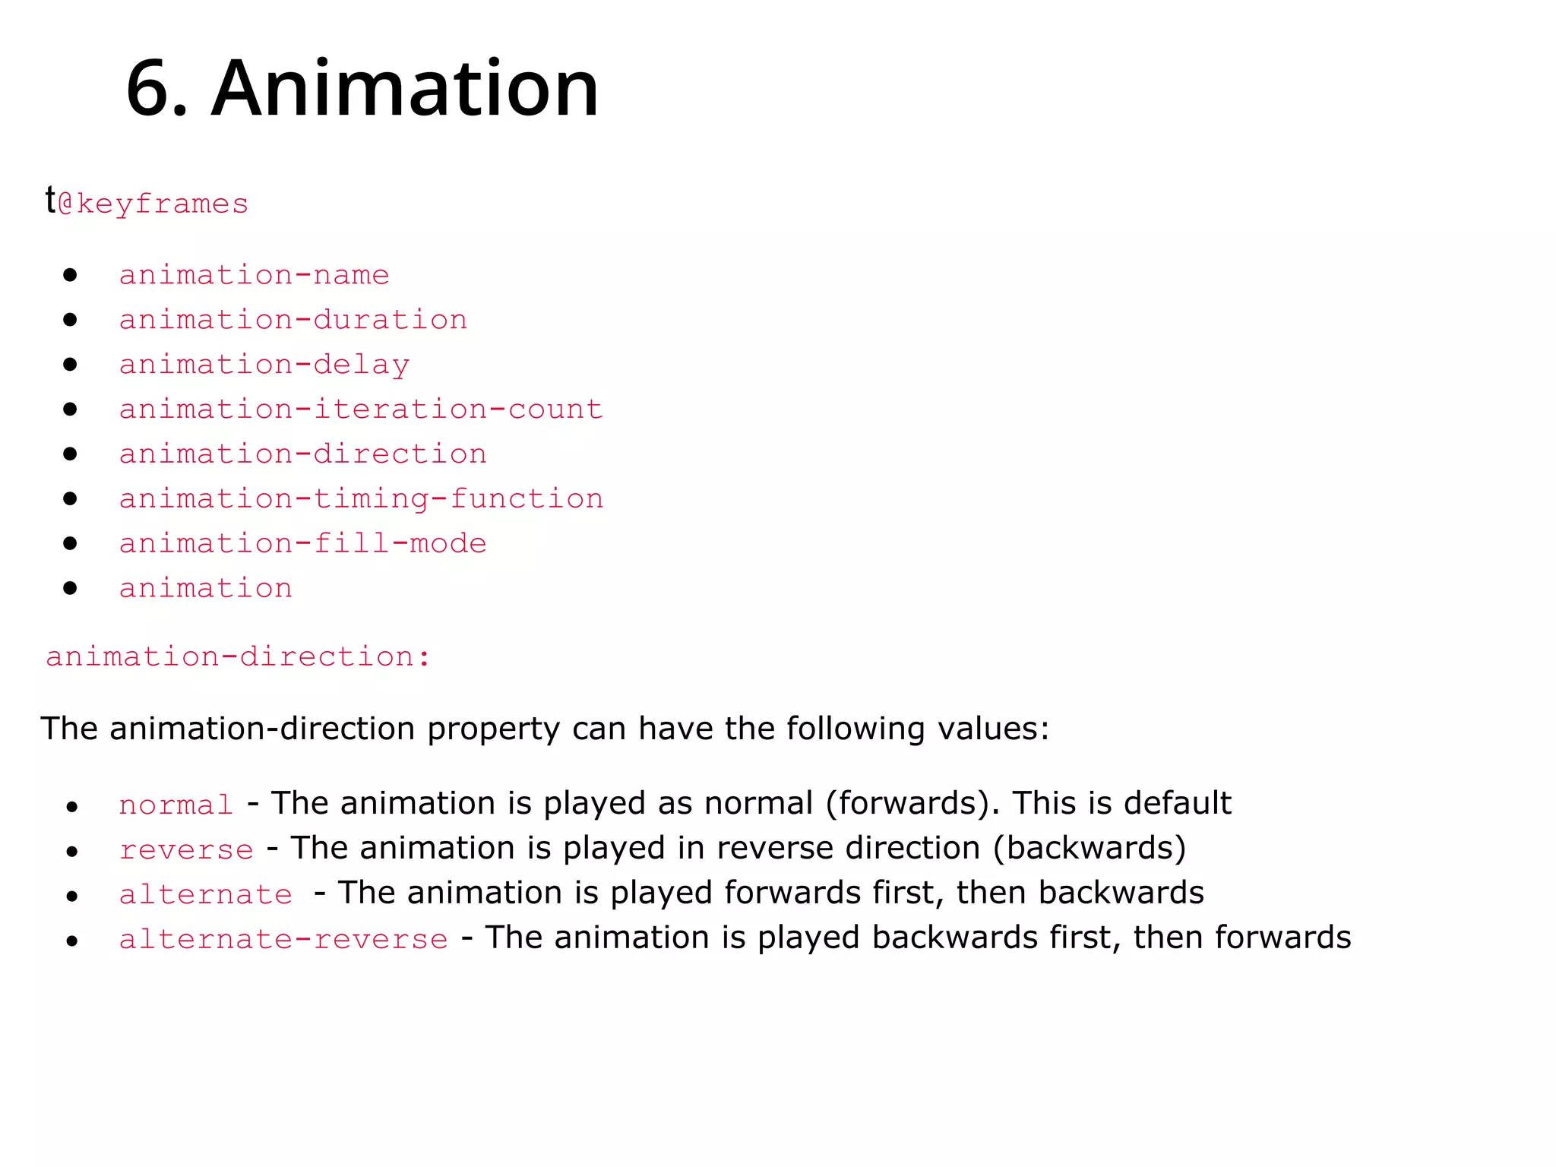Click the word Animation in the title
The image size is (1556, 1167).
(405, 89)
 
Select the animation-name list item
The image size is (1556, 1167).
(254, 274)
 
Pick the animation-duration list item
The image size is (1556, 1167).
(293, 319)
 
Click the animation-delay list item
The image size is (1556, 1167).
(264, 365)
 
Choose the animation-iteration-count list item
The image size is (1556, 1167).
(361, 409)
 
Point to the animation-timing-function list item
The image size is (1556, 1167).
(361, 498)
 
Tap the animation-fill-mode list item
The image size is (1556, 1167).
(302, 543)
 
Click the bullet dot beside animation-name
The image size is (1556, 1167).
(71, 274)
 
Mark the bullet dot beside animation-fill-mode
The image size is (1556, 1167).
(71, 543)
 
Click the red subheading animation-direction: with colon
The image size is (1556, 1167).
(238, 656)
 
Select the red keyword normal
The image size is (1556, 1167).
(176, 805)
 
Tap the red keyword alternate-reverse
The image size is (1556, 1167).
(283, 939)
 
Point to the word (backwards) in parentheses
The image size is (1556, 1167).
(1090, 848)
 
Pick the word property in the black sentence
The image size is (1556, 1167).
(493, 729)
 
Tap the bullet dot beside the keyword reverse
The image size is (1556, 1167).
(72, 852)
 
